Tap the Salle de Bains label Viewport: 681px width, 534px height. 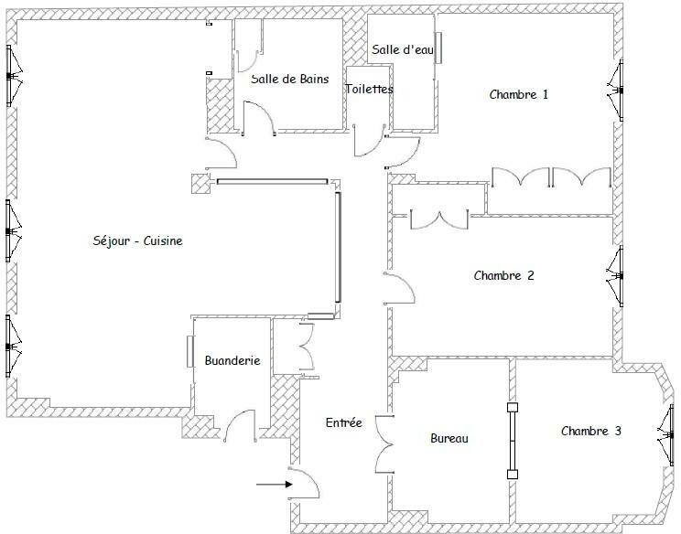(290, 80)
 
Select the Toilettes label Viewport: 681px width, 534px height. (370, 90)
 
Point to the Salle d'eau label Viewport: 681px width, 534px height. (401, 50)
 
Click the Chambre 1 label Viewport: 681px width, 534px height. (519, 94)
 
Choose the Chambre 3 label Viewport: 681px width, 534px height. (591, 432)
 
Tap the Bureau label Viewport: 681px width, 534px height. (449, 439)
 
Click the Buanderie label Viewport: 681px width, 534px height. (232, 360)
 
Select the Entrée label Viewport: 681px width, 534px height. (344, 422)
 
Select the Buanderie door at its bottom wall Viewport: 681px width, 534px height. (240, 426)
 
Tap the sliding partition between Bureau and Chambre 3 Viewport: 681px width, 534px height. (512, 441)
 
